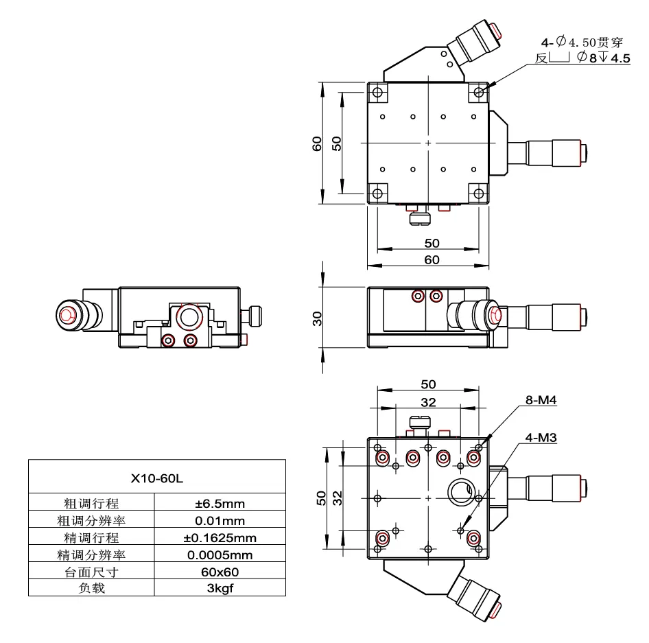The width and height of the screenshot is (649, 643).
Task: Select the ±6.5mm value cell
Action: click(220, 504)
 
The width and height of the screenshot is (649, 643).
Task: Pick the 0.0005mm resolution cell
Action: click(220, 554)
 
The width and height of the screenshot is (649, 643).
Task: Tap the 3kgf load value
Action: click(220, 587)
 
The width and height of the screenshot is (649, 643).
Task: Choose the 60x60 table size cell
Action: click(220, 571)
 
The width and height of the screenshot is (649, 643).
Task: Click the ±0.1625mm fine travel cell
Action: click(220, 537)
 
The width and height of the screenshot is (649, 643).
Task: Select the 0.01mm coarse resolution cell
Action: click(220, 521)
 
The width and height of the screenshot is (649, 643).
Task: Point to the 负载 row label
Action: click(92, 587)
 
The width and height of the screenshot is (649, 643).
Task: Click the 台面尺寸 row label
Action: click(92, 571)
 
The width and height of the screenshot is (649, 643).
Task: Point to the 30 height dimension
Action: click(318, 319)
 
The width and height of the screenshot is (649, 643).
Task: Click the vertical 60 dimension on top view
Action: click(318, 143)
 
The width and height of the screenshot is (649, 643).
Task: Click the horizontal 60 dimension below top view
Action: click(432, 259)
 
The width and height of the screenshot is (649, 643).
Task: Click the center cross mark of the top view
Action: click(429, 143)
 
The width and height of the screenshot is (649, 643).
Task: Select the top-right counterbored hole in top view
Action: click(478, 92)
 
